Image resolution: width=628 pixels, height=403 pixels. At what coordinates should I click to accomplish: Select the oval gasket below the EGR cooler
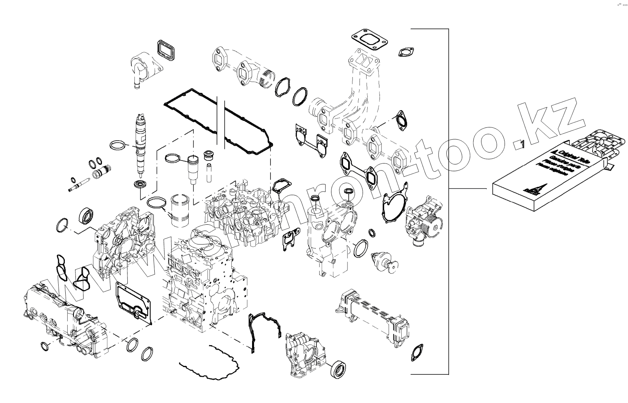417,353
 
